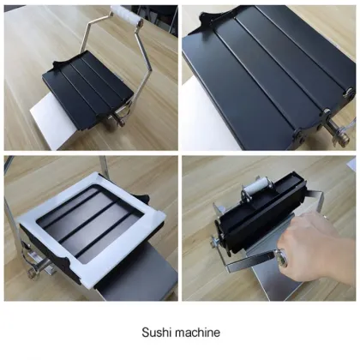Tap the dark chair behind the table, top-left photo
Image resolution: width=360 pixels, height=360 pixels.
point(159,13)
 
